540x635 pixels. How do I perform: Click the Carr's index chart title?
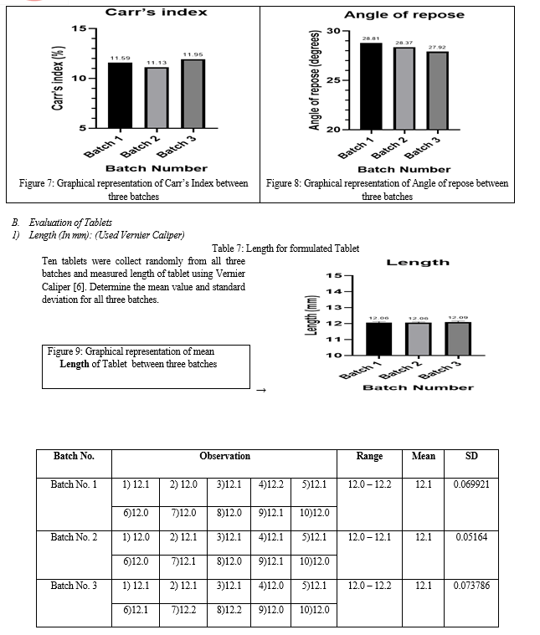coord(156,13)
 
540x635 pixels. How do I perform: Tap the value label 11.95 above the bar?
coord(193,54)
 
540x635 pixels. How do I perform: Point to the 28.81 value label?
coord(371,38)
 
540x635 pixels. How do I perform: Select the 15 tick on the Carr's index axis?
coord(80,29)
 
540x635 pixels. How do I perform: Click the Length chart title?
coord(418,262)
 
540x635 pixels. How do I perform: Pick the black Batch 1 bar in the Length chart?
coord(380,339)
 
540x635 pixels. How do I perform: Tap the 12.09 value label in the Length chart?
coord(458,318)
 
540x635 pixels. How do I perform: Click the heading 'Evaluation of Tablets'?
coord(70,223)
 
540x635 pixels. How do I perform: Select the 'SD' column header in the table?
coord(471,456)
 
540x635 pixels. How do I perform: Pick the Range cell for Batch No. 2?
coord(369,537)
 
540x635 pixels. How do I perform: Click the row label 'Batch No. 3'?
coord(74,586)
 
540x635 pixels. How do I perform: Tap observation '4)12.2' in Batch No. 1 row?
coord(270,485)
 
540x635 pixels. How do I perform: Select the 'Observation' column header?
coord(224,456)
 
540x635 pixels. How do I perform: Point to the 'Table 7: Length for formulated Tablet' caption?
coord(285,248)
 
